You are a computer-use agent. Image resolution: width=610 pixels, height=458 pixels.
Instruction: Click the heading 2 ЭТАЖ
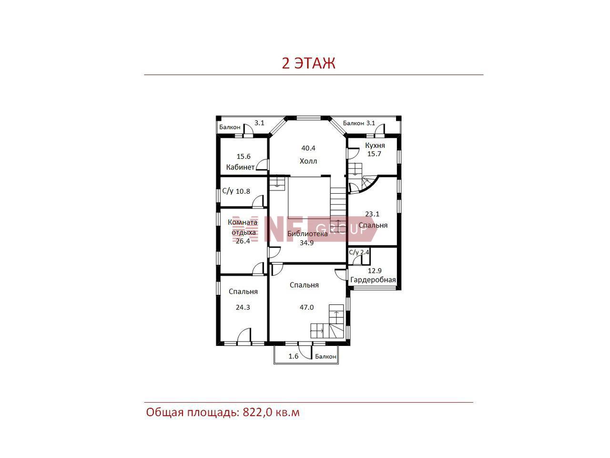(x=308, y=63)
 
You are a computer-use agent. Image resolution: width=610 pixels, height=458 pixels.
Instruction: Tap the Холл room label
(x=308, y=161)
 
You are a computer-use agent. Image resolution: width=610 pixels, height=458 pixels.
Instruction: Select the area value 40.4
(x=308, y=148)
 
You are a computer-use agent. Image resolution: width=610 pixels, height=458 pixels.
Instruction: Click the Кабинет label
(x=240, y=167)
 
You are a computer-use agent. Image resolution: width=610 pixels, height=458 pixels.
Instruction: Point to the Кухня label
(x=375, y=146)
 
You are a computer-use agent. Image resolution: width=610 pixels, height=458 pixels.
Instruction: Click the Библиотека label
(x=307, y=234)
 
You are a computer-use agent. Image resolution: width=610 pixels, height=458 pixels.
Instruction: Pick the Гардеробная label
(x=373, y=280)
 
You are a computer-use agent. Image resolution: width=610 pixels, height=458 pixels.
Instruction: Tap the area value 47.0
(x=306, y=307)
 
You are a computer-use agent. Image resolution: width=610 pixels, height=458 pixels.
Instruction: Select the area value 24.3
(x=243, y=307)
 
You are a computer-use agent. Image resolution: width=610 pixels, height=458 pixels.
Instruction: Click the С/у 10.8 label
(x=236, y=191)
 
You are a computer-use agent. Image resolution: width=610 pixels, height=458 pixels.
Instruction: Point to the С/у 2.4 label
(x=359, y=252)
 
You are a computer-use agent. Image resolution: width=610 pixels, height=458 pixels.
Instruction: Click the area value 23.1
(x=372, y=214)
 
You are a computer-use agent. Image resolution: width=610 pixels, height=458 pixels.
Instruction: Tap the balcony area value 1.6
(x=294, y=356)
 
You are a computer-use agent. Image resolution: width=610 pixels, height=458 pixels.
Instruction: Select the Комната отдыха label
(x=243, y=227)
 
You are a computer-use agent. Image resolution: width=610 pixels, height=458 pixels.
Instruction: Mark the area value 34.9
(x=306, y=243)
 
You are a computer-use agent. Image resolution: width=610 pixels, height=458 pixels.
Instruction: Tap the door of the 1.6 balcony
(x=305, y=352)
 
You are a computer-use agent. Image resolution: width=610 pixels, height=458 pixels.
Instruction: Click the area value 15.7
(x=374, y=154)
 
